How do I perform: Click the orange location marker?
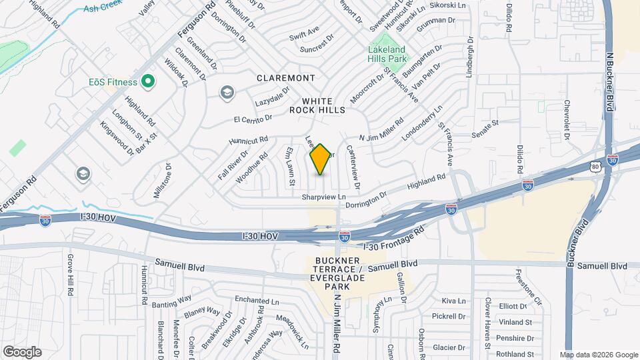321,159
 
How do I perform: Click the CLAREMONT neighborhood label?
286,78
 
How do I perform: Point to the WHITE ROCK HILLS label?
317,104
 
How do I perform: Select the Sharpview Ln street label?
324,197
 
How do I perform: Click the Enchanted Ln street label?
257,301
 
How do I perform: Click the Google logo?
22,352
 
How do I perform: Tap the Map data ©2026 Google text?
598,355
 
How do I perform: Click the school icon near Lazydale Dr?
227,92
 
